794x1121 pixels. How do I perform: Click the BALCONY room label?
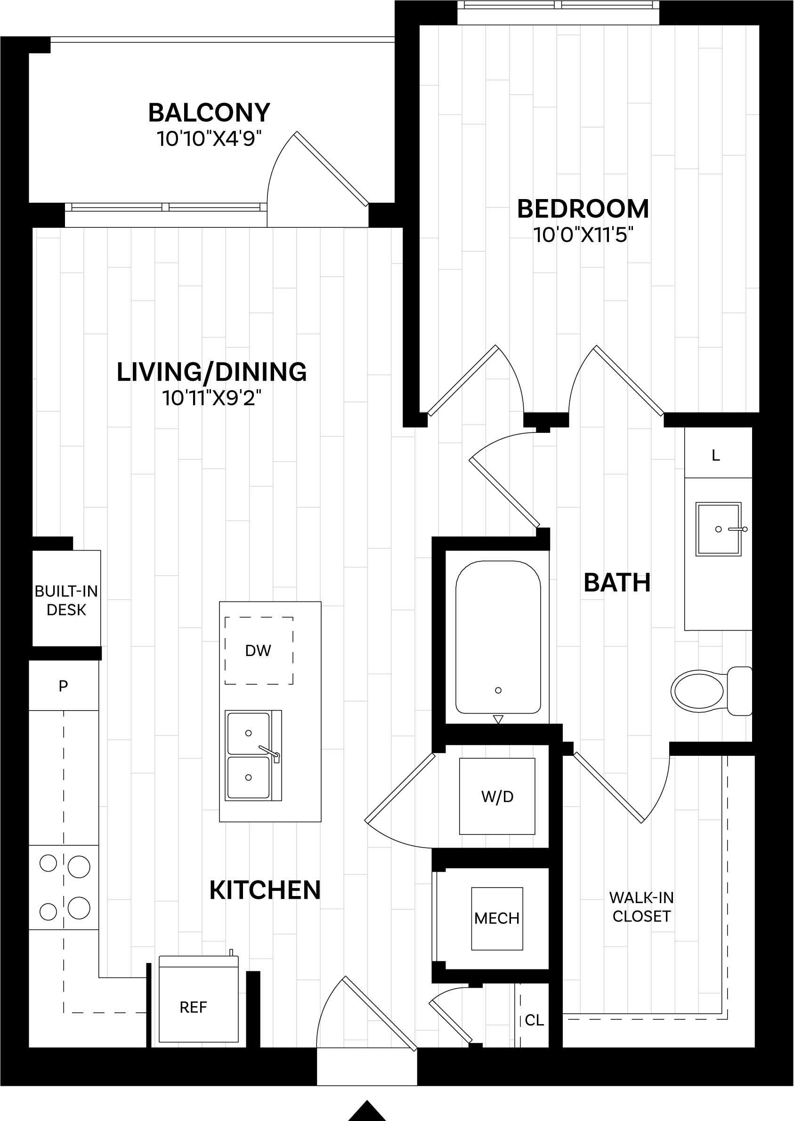point(209,113)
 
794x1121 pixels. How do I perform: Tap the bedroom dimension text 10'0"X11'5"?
point(583,235)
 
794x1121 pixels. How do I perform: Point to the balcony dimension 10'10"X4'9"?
point(209,139)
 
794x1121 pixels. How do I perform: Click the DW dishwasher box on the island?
point(259,650)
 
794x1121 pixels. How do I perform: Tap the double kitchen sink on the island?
point(252,755)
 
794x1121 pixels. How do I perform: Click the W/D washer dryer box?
point(497,797)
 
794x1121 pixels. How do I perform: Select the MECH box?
point(497,918)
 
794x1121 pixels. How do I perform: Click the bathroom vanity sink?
point(718,529)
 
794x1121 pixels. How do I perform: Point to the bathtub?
point(498,637)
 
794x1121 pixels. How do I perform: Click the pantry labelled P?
point(63,686)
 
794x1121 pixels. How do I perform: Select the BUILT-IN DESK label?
point(66,601)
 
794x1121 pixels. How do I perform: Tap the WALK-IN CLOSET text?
point(641,906)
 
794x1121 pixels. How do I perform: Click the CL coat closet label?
point(534,1020)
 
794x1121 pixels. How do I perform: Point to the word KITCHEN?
point(265,890)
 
